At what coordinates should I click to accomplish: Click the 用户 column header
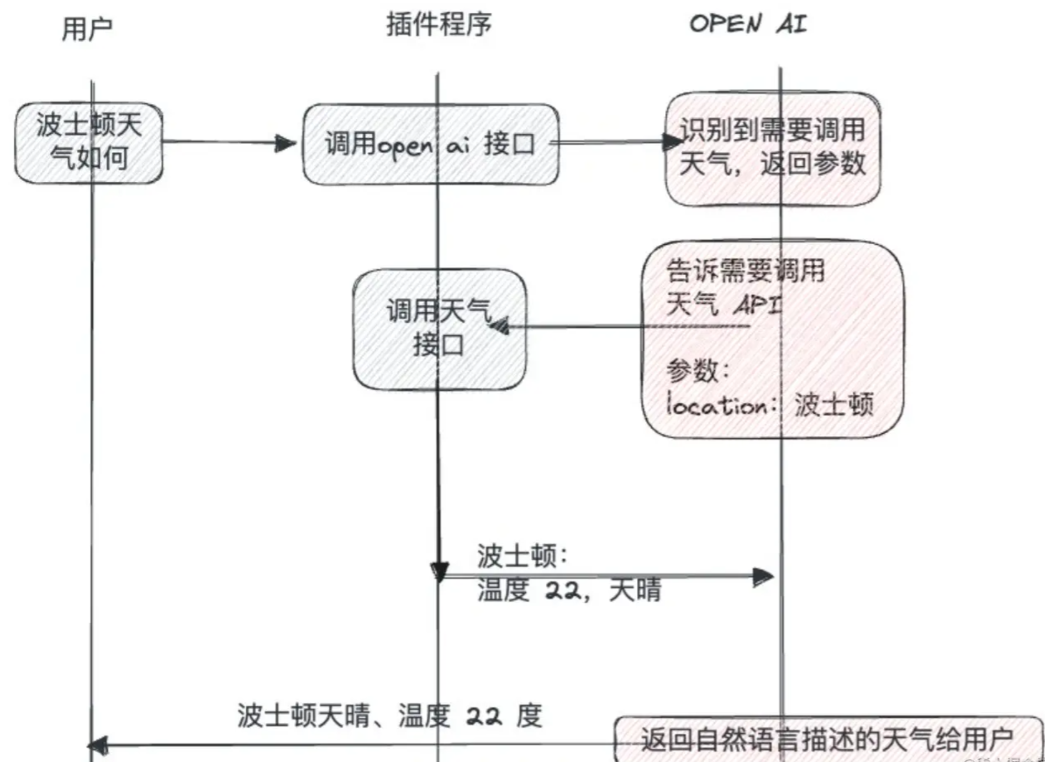(x=87, y=29)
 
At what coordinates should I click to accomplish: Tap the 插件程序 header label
(x=439, y=25)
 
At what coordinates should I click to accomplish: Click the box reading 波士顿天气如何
(x=89, y=143)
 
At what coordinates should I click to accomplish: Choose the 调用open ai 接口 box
(x=430, y=144)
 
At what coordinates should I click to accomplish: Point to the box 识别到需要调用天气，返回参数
(x=772, y=149)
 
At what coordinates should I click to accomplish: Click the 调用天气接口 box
(x=439, y=329)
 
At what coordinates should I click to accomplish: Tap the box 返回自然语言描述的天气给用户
(x=827, y=739)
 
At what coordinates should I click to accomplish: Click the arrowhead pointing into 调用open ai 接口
(x=286, y=144)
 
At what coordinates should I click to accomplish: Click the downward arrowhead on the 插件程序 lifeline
(x=439, y=572)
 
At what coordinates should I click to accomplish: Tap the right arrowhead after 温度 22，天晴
(x=763, y=577)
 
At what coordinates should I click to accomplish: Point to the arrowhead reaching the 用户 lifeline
(x=98, y=746)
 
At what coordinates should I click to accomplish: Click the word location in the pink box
(x=716, y=405)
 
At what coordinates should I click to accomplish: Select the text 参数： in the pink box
(x=698, y=371)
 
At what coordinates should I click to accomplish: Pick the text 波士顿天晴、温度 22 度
(x=389, y=716)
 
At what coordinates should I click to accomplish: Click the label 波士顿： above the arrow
(x=521, y=555)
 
